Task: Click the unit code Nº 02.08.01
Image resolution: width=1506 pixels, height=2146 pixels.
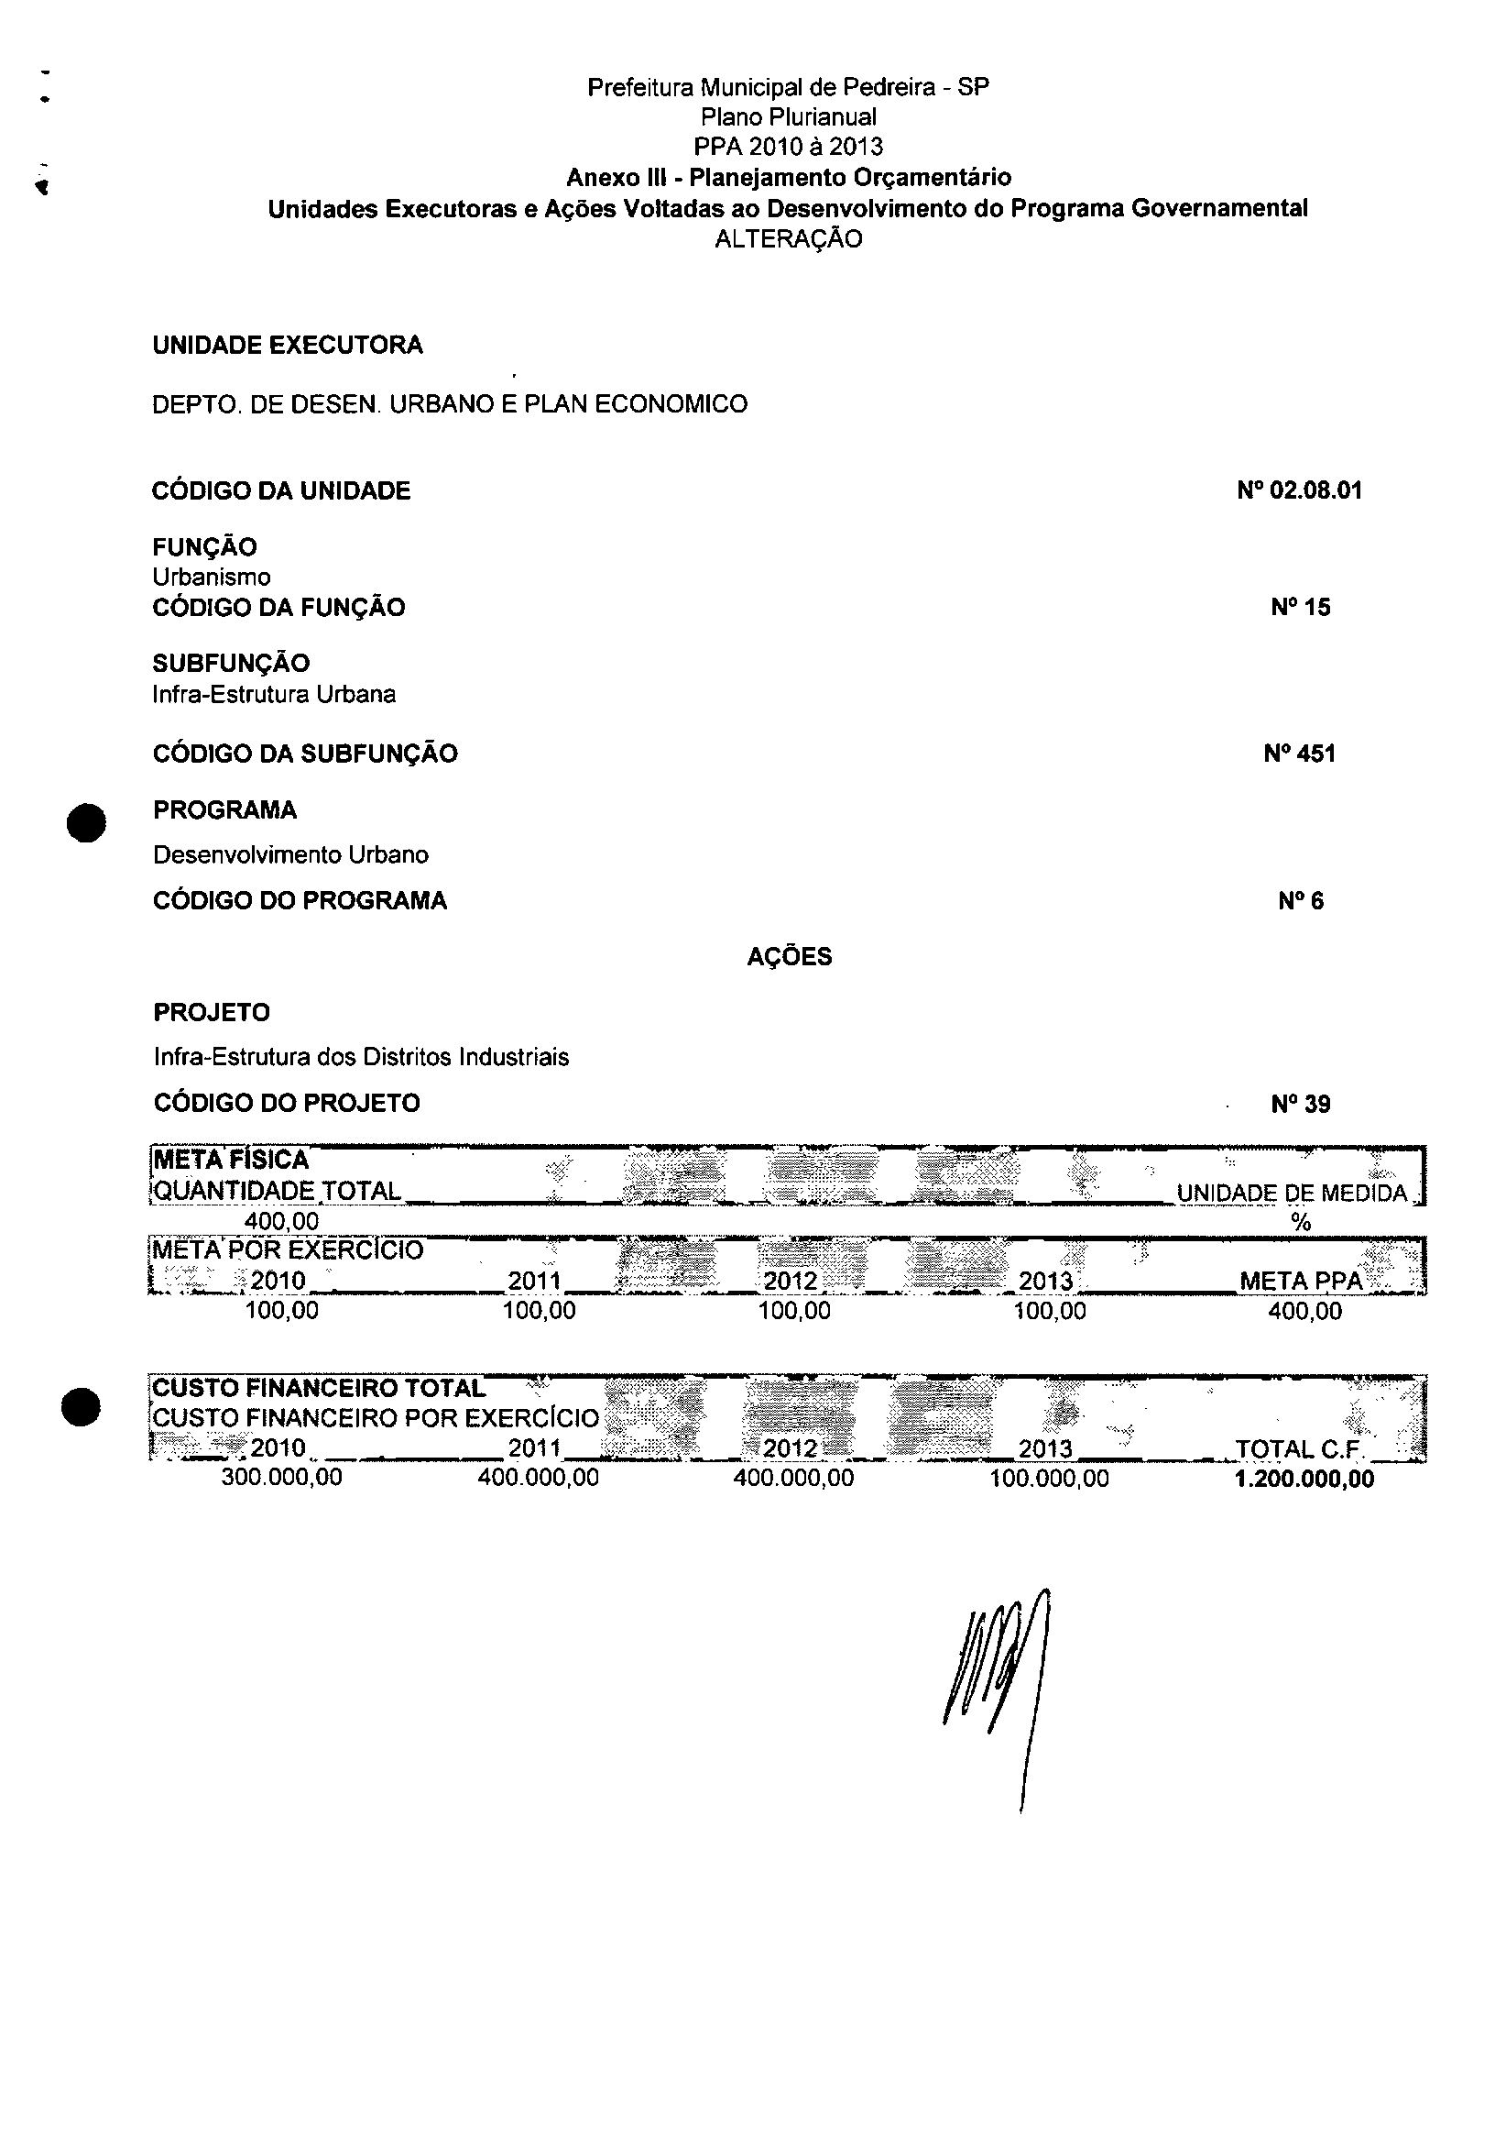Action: point(1299,490)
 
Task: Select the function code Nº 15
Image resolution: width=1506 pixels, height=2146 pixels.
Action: point(1301,608)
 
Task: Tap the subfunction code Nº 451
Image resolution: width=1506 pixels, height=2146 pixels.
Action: point(1299,754)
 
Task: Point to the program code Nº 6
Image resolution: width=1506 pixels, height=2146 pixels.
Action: point(1301,901)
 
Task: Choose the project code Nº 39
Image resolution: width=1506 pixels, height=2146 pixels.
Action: point(1301,1104)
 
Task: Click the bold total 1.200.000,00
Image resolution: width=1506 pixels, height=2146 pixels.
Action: point(1304,1479)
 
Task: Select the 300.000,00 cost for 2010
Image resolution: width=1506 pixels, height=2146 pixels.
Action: point(281,1478)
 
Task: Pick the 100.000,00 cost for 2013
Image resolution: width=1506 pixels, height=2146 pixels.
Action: point(1049,1478)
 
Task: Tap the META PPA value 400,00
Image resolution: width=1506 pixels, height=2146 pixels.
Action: point(1304,1311)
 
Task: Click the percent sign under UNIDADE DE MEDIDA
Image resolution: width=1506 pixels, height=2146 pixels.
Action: point(1301,1223)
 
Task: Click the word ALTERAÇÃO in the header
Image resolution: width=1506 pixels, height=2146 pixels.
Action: point(789,239)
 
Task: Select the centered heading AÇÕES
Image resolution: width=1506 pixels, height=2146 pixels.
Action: point(790,957)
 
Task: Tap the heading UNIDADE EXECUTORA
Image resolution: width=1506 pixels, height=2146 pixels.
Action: point(288,346)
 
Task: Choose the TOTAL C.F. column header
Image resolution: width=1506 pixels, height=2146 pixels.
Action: point(1301,1449)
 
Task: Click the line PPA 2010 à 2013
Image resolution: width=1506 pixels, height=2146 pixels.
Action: point(789,147)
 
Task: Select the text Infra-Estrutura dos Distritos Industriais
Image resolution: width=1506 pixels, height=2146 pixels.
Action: point(362,1057)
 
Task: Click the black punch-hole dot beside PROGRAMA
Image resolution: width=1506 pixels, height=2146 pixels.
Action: point(86,822)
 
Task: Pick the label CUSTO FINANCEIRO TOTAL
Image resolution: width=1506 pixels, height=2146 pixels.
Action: point(319,1388)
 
